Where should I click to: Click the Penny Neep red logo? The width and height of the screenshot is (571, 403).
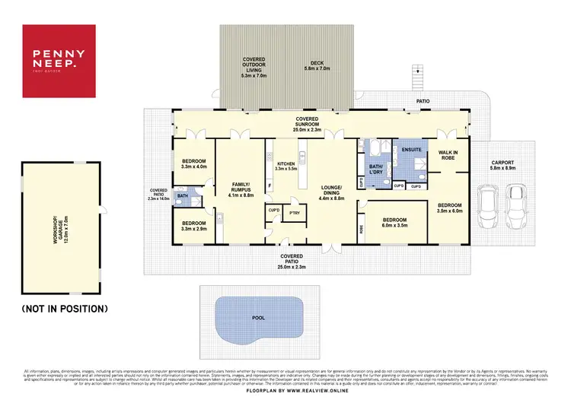tap(59, 61)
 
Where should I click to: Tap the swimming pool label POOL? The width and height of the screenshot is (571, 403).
tap(259, 317)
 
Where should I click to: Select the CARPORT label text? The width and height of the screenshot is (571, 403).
tap(502, 162)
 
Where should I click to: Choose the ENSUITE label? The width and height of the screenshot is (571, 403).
tap(410, 151)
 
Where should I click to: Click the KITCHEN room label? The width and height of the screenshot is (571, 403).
tap(285, 163)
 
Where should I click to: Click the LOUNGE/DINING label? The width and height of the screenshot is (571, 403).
tap(330, 190)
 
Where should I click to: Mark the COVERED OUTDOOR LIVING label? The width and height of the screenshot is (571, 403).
tap(254, 64)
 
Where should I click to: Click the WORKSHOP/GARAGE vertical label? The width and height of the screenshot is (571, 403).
tap(57, 227)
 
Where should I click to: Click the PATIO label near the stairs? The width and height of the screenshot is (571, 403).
tap(423, 100)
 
